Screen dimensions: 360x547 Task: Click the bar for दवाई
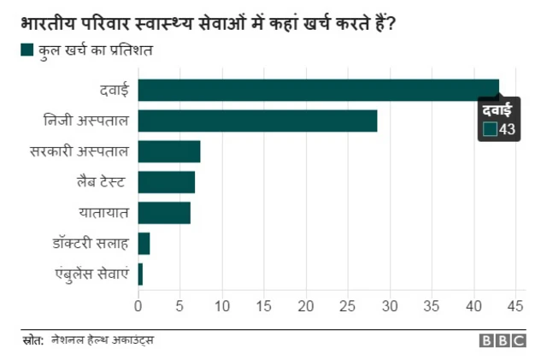[316, 90]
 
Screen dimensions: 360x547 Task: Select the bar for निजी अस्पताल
[256, 121]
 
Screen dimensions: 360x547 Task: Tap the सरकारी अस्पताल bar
[168, 151]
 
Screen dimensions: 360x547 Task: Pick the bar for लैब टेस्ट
[166, 182]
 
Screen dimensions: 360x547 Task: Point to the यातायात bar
[164, 213]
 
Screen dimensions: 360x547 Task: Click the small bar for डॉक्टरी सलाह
[144, 244]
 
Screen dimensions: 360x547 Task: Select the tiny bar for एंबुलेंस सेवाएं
[140, 274]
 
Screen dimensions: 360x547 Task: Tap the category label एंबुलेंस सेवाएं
[90, 274]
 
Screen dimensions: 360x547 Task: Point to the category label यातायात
[103, 213]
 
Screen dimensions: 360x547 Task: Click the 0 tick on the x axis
[138, 305]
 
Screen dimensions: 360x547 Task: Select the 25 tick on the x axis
[348, 305]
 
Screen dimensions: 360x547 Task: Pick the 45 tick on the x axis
[515, 305]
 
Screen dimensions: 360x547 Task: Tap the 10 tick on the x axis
[222, 305]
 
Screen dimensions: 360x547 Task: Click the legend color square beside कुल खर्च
[26, 52]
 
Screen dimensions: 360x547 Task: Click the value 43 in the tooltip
[507, 129]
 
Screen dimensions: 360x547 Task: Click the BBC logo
[503, 340]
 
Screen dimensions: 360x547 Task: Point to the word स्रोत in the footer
[32, 340]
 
